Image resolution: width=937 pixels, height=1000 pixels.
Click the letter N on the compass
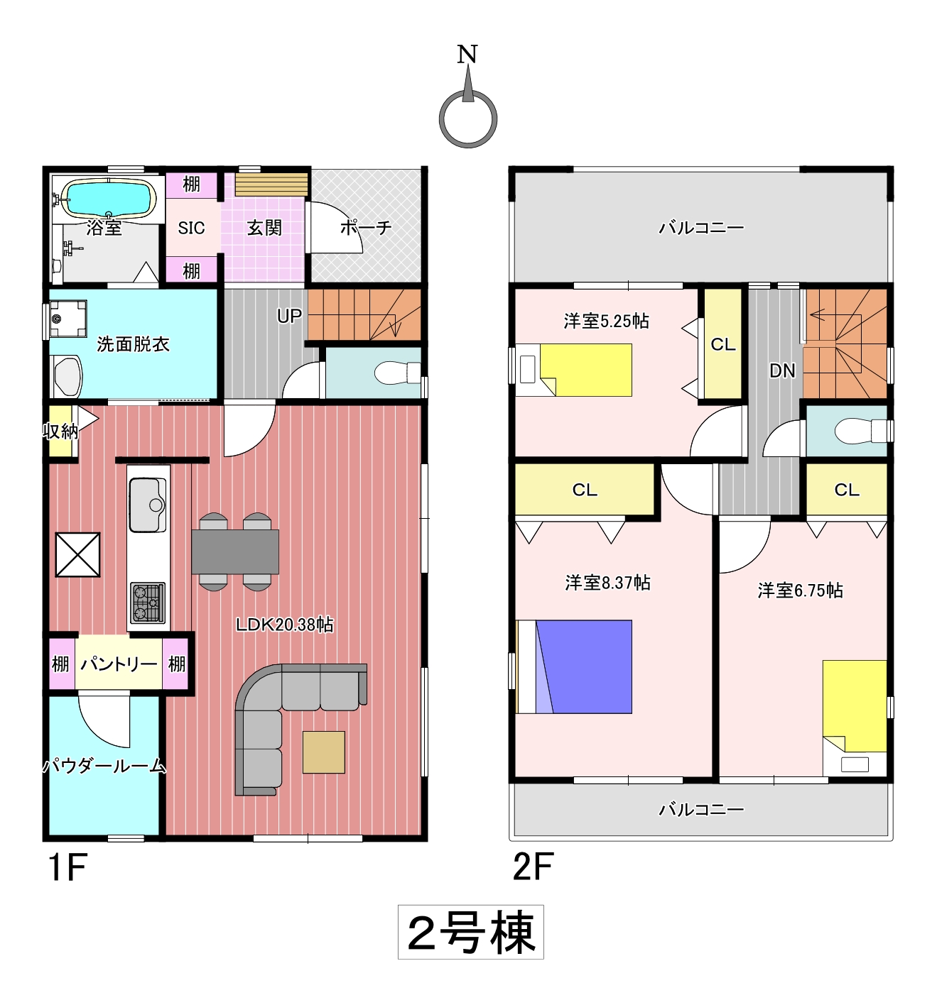(467, 55)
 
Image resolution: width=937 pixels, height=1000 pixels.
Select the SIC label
(192, 228)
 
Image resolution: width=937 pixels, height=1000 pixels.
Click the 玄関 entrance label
(264, 228)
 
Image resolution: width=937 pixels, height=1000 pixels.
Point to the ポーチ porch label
(366, 228)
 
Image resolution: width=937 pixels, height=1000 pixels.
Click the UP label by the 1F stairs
(289, 316)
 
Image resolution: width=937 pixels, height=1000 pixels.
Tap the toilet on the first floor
(398, 373)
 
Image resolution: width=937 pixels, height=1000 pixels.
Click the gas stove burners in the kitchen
(148, 603)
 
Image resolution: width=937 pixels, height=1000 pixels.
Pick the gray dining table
(235, 551)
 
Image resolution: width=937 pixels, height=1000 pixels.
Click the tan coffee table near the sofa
(324, 752)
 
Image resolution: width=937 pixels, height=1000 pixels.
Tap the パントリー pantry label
(119, 664)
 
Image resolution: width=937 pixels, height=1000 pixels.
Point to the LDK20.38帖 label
(285, 625)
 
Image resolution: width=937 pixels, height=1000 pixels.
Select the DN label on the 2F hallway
(782, 371)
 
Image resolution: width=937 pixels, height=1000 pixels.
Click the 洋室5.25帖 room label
(607, 322)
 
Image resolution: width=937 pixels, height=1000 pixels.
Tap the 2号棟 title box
(471, 932)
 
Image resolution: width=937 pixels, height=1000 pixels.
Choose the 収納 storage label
(60, 431)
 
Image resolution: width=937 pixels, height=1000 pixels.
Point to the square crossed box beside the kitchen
(77, 554)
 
